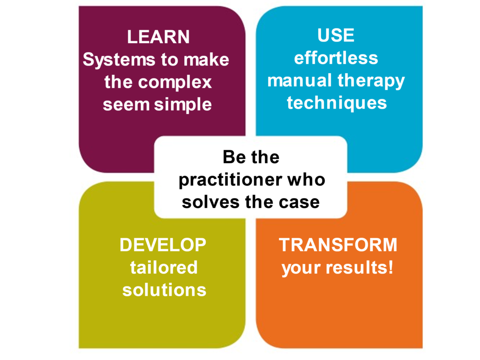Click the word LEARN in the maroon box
click(x=158, y=37)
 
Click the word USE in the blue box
click(x=336, y=35)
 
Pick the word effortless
click(x=336, y=58)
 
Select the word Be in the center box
click(x=234, y=157)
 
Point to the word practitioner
click(x=231, y=180)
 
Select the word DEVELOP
click(x=163, y=245)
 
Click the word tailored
click(x=164, y=267)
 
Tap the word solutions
click(x=165, y=290)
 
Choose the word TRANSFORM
click(x=338, y=245)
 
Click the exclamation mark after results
click(x=390, y=267)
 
